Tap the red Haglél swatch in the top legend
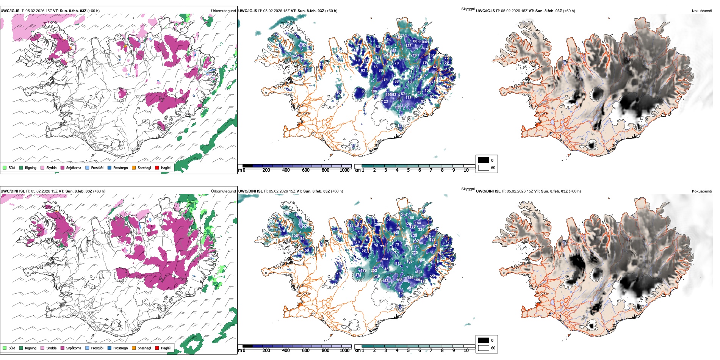157,167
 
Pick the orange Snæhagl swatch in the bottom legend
134,348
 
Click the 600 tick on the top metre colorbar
306,170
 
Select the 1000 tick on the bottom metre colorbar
344,351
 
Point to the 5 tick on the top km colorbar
409,170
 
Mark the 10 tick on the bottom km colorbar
466,351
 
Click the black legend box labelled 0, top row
484,160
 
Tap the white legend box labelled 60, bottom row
484,348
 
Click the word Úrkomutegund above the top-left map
223,11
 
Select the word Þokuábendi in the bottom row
702,191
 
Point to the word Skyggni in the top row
468,9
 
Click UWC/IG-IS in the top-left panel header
10,11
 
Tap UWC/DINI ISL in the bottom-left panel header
13,191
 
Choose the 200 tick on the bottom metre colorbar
266,351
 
